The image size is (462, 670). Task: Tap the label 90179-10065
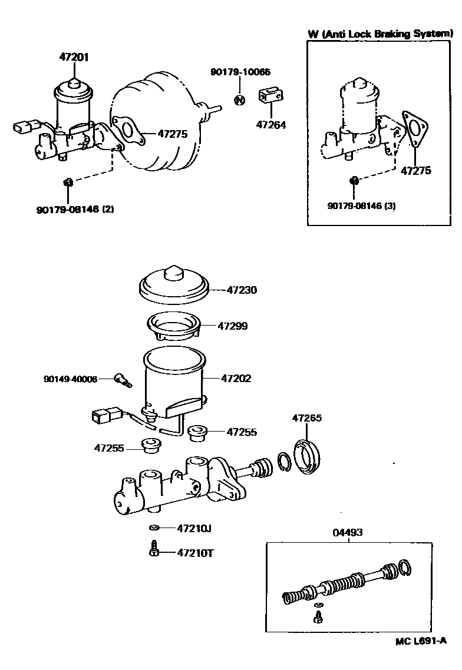(240, 72)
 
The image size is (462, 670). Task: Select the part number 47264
(270, 124)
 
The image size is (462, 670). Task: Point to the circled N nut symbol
(239, 99)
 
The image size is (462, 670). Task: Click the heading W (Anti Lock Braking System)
(381, 34)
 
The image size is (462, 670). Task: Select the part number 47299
(233, 326)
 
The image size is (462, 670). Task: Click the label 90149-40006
(70, 379)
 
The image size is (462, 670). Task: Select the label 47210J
(194, 528)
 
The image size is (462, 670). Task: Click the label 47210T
(194, 553)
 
